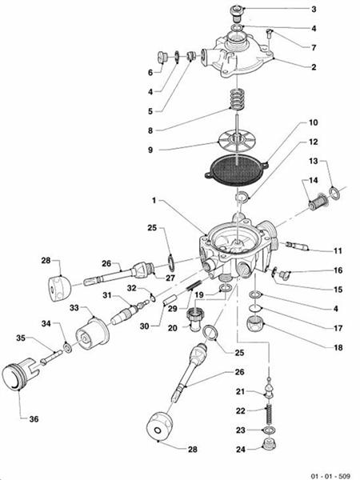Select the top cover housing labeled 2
point(240,50)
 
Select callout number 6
point(150,72)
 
